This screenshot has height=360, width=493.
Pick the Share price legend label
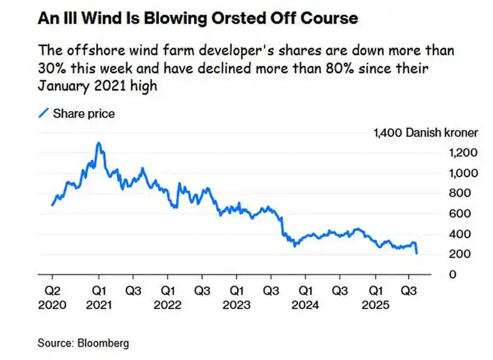(84, 114)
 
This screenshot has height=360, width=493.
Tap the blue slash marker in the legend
(43, 114)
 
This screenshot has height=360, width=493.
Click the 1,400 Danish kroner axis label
(426, 133)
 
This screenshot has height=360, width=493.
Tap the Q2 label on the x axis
(52, 292)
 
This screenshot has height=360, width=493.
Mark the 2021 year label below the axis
(99, 305)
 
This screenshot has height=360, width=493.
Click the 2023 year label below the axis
(237, 305)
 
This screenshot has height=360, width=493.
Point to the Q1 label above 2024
(305, 292)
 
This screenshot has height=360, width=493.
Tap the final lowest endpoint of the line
(416, 254)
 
